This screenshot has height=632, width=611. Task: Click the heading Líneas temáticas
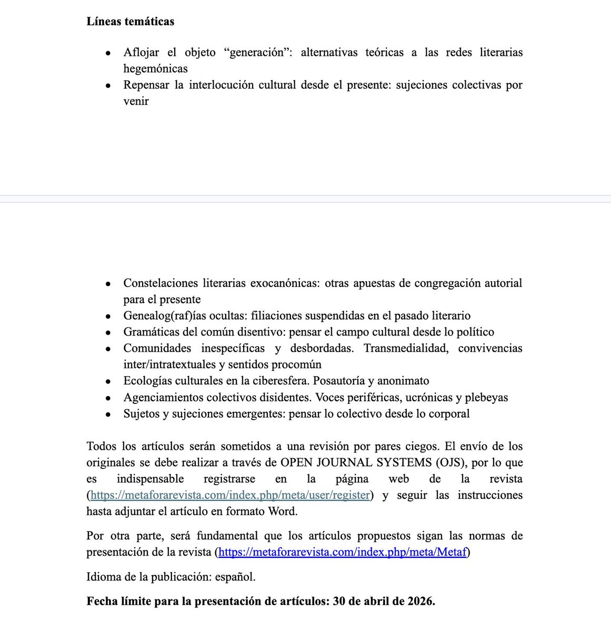[x=130, y=22]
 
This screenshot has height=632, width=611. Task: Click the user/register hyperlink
[x=230, y=495]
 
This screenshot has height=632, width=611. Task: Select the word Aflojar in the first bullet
[x=141, y=52]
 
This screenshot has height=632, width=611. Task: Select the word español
[x=235, y=577]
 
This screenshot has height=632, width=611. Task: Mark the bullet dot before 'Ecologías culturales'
[x=108, y=381]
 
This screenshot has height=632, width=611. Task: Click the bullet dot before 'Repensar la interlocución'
[x=108, y=85]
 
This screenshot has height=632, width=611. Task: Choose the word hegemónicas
[x=155, y=68]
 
